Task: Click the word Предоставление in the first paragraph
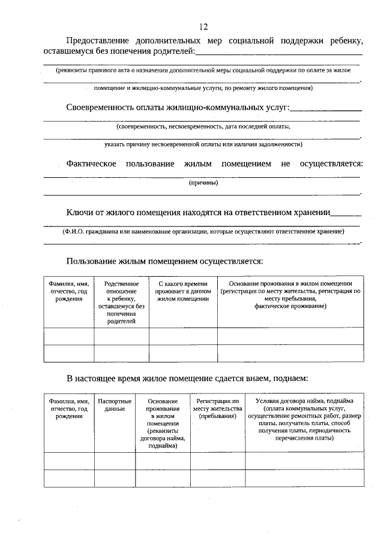click(x=97, y=41)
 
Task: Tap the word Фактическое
click(x=91, y=163)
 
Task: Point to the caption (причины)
click(x=203, y=183)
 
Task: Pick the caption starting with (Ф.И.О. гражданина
click(x=203, y=231)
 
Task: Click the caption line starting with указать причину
click(x=203, y=144)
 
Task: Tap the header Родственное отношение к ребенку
click(x=121, y=302)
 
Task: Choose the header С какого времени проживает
click(x=183, y=290)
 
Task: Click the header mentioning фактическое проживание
click(x=290, y=294)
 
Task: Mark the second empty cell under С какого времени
click(x=183, y=353)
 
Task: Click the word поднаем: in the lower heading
click(x=290, y=379)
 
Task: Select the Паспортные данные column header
click(x=115, y=405)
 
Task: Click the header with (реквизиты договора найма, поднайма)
click(x=162, y=423)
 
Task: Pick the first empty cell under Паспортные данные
click(x=115, y=461)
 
